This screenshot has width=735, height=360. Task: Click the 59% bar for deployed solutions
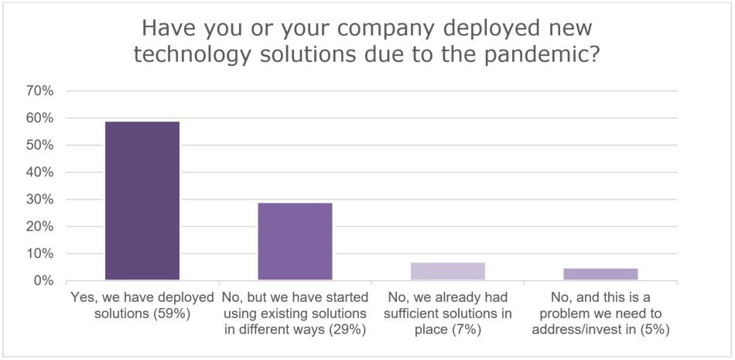coord(142,201)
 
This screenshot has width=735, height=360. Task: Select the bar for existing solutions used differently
coord(295,242)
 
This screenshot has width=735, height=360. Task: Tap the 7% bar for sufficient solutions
coord(448,271)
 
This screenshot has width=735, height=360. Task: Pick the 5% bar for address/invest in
coord(600,274)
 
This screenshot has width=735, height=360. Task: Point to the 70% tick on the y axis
coord(39,91)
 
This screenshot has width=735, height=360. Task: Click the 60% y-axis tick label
coord(39,118)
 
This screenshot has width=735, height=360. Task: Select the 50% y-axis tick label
coord(39,146)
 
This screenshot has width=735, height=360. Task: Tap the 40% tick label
coord(39,173)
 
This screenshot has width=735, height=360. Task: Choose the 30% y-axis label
coord(39,200)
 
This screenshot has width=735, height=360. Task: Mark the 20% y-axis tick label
coord(39,227)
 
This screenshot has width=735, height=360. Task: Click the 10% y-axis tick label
coord(39,254)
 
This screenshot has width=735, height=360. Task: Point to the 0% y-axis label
coord(43,281)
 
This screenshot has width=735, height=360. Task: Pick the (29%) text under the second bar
coord(345,329)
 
